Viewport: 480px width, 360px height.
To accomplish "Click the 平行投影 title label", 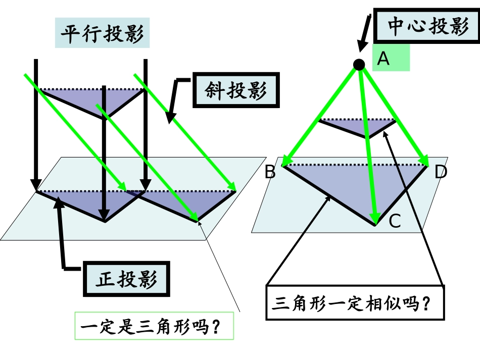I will pyautogui.click(x=103, y=34).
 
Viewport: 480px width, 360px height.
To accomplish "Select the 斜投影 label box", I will pyautogui.click(x=235, y=91).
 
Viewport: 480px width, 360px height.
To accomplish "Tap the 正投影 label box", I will pyautogui.click(x=126, y=279).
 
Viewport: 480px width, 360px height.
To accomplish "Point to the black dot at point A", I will pyautogui.click(x=359, y=64).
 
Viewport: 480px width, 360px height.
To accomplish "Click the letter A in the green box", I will pyautogui.click(x=384, y=59).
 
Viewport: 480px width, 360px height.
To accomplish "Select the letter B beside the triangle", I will pyautogui.click(x=270, y=173).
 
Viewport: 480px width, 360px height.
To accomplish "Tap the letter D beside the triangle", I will pyautogui.click(x=440, y=173).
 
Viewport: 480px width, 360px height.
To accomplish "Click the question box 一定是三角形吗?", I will pyautogui.click(x=155, y=326).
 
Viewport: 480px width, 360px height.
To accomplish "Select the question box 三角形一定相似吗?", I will pyautogui.click(x=355, y=303).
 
